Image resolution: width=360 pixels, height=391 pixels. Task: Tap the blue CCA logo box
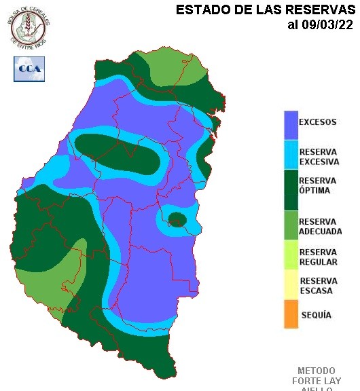click(29, 69)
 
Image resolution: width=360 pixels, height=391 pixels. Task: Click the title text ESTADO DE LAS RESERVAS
click(266, 10)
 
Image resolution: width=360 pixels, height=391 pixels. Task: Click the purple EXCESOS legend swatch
click(291, 124)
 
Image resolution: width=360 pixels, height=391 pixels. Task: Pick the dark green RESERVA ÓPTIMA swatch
click(291, 190)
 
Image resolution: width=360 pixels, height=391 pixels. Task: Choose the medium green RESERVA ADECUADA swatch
click(291, 227)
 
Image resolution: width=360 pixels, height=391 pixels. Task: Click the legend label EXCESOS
click(318, 123)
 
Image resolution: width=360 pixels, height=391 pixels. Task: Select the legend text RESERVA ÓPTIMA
click(318, 185)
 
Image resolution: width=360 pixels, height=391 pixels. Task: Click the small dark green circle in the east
click(177, 219)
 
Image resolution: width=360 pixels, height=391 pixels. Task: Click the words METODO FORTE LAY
click(317, 376)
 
